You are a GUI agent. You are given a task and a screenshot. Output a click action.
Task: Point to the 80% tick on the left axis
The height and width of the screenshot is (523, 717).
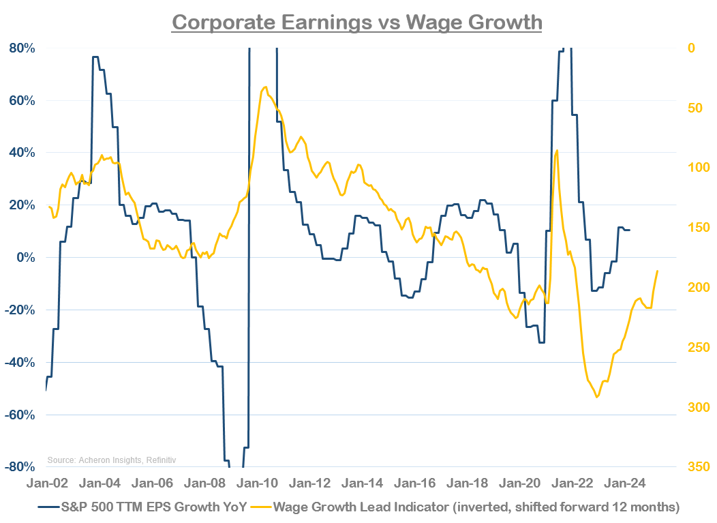pyautogui.click(x=22, y=48)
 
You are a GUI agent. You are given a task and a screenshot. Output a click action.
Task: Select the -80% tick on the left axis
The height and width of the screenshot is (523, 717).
pyautogui.click(x=20, y=467)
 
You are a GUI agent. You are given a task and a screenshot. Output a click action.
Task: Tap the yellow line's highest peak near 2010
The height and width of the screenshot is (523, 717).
pyautogui.click(x=264, y=87)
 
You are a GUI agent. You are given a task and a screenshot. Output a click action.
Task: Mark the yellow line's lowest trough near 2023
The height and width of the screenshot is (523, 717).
pyautogui.click(x=597, y=397)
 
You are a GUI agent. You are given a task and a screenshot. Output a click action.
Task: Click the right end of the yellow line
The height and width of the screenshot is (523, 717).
pyautogui.click(x=658, y=271)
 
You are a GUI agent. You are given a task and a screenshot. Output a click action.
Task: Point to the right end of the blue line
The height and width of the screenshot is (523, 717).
pyautogui.click(x=630, y=230)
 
